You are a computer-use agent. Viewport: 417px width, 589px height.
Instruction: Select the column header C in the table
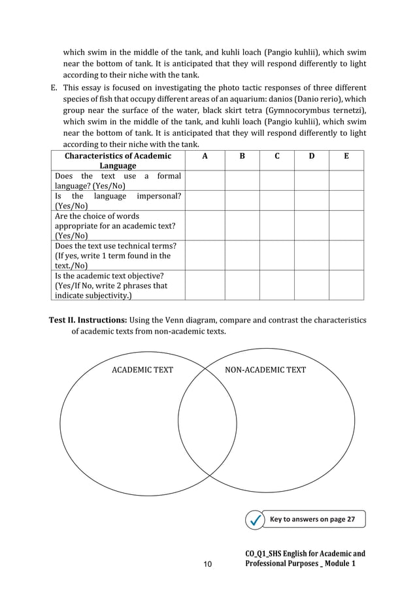[276, 156]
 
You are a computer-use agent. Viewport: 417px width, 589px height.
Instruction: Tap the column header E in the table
[346, 156]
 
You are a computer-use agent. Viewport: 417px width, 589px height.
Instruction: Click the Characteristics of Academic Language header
[118, 161]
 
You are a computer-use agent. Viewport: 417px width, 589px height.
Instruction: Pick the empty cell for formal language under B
[242, 181]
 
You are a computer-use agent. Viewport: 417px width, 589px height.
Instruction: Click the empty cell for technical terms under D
[311, 255]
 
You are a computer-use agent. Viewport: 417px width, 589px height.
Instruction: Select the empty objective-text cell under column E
[346, 285]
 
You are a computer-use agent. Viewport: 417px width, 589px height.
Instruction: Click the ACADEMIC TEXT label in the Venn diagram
[143, 370]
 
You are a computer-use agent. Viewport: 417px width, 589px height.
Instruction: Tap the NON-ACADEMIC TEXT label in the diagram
[265, 370]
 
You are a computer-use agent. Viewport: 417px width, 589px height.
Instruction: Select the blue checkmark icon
[254, 520]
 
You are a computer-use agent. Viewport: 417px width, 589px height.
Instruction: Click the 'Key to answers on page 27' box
[313, 520]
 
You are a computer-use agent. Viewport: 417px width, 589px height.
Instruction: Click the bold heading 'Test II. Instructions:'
[88, 320]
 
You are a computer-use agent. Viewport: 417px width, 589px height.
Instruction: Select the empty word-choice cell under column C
[276, 225]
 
